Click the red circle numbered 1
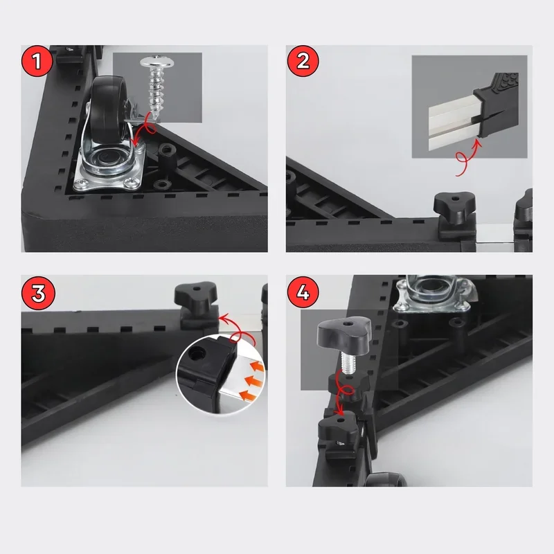37,61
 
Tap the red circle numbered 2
303,61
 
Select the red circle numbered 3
38,293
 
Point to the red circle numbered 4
303,292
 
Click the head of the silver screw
157,62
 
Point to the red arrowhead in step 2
478,143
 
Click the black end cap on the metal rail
497,106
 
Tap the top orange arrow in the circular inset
258,366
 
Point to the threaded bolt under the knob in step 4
347,362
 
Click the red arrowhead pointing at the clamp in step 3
222,318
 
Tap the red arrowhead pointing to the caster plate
134,143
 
